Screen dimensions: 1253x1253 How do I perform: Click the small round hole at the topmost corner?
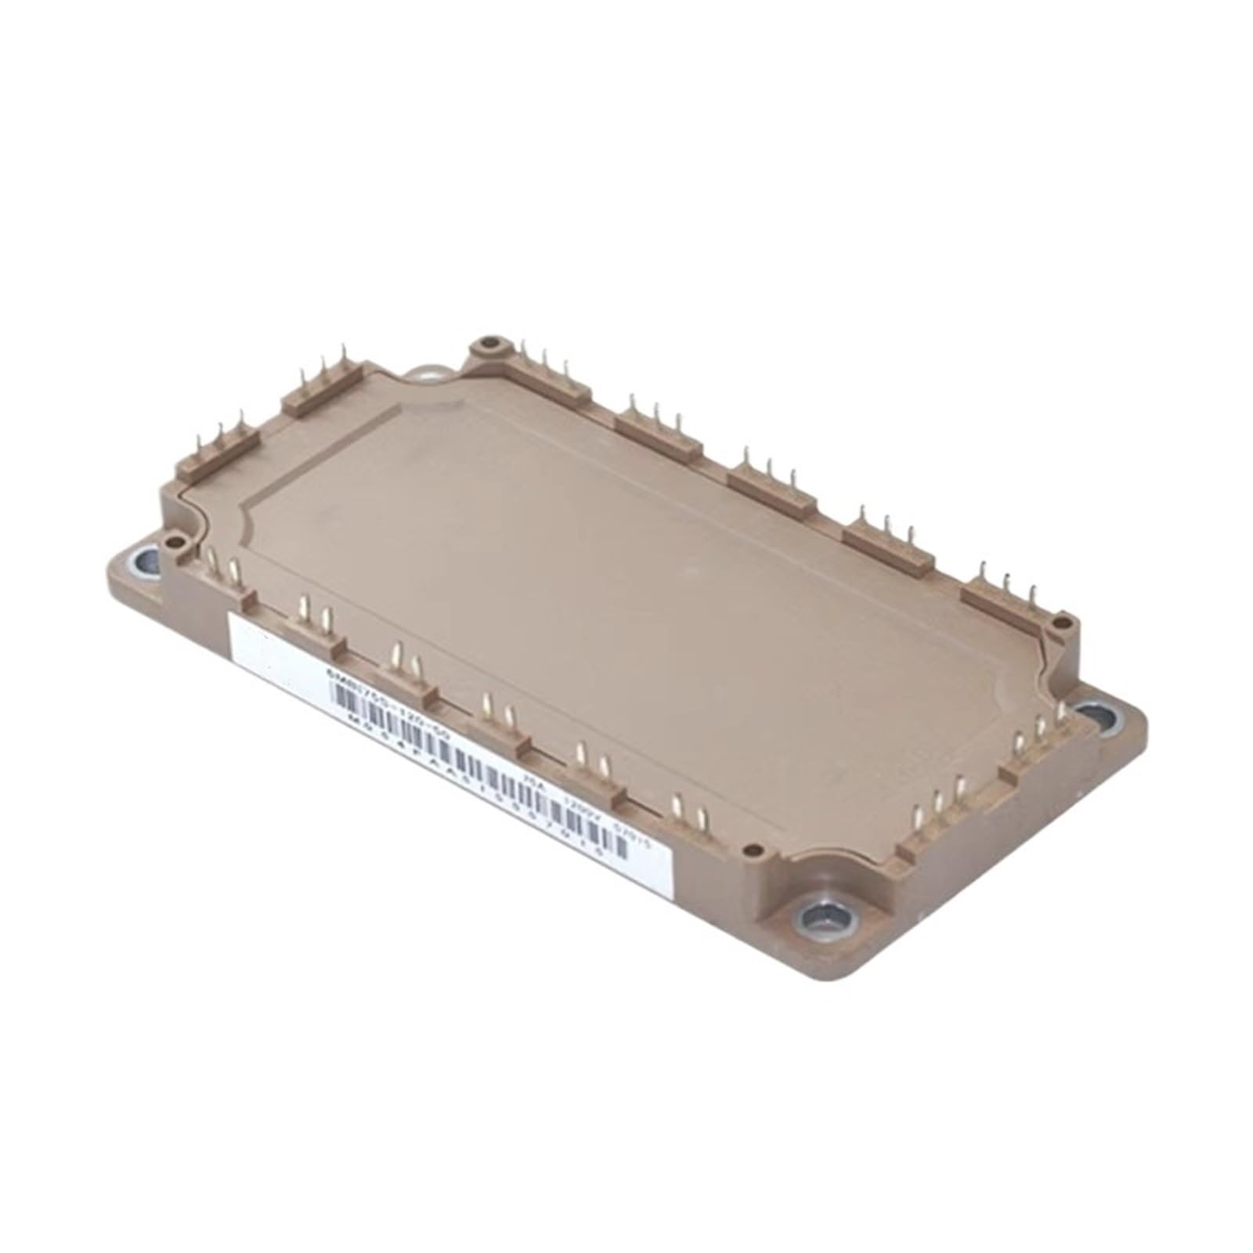point(490,342)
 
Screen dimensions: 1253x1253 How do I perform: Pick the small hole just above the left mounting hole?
point(171,539)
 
